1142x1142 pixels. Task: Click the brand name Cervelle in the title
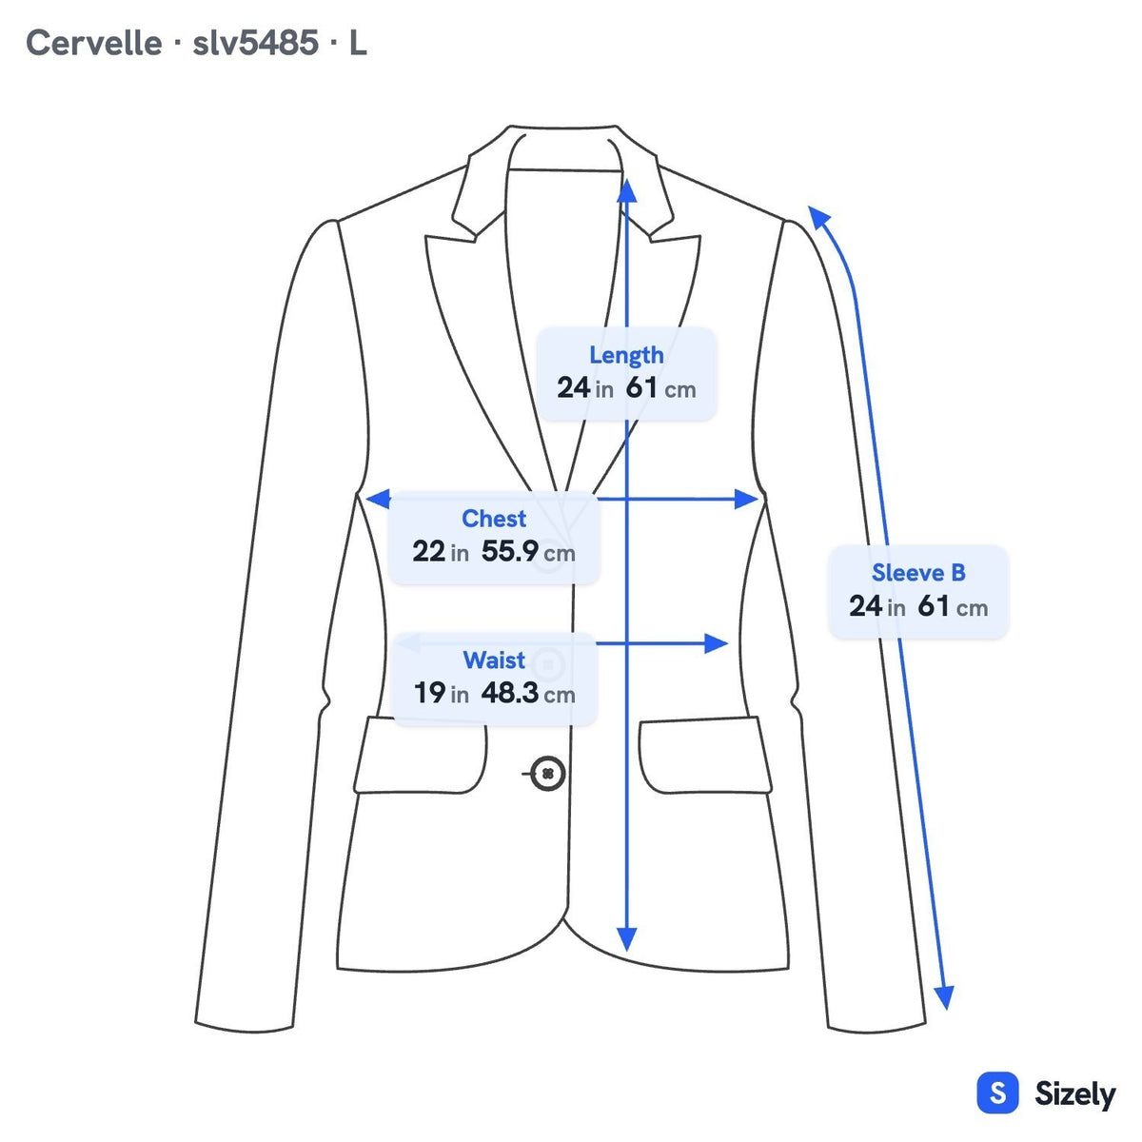[x=93, y=43]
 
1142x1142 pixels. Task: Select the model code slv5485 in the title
[x=255, y=43]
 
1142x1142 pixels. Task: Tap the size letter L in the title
[x=358, y=43]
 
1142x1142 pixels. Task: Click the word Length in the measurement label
[x=626, y=356]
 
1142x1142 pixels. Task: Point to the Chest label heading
[x=494, y=519]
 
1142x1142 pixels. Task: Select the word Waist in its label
[x=494, y=660]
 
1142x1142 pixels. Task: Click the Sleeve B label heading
[x=918, y=573]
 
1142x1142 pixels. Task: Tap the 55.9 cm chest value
[x=528, y=552]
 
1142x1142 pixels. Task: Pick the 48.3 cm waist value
[x=528, y=693]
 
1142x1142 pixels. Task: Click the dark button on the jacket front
[x=547, y=774]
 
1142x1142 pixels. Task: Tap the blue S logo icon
[x=998, y=1093]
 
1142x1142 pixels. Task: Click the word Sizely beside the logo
[x=1075, y=1094]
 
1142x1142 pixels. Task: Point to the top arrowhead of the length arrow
[x=627, y=191]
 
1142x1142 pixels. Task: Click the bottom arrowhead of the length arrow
[x=627, y=938]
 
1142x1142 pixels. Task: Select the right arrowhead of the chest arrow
[x=746, y=499]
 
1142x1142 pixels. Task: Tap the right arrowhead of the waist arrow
[x=716, y=643]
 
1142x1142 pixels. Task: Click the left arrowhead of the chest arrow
[x=378, y=499]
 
